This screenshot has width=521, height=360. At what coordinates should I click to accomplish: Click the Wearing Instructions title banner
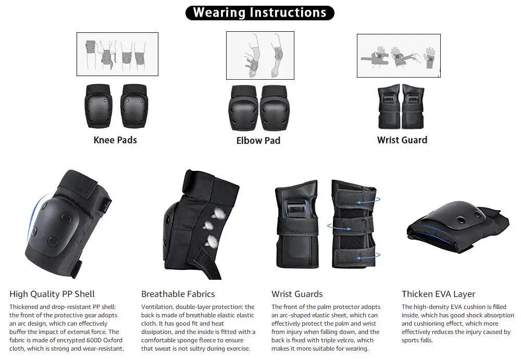point(259,13)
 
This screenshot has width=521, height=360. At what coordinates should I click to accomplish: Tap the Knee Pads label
point(115,140)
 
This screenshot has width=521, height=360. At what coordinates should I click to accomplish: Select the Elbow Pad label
point(258,141)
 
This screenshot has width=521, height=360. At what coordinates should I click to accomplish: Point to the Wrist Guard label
point(402,140)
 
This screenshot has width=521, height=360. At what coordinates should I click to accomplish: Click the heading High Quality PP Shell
point(52,294)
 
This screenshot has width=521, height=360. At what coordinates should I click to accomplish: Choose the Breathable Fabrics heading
point(178,294)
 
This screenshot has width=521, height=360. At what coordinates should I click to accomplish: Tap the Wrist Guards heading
point(297,294)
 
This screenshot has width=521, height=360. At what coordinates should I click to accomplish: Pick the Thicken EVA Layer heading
point(438,294)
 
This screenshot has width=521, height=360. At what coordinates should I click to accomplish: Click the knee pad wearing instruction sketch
point(117,54)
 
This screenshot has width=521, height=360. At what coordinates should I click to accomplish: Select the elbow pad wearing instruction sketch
point(260,56)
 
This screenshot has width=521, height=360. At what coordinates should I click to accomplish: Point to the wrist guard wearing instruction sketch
point(399,56)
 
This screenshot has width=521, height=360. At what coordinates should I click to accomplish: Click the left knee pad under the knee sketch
point(98,106)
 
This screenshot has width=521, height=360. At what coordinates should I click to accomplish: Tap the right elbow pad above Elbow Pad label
point(275,108)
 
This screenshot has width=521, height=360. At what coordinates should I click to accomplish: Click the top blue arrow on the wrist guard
point(368,201)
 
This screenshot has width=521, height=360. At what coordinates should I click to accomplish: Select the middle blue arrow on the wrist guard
point(339,227)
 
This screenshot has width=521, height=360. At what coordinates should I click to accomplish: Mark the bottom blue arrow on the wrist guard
point(368,256)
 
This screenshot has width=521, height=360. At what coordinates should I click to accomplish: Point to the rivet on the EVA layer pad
point(461,219)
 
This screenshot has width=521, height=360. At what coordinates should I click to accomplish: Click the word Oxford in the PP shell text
point(113,340)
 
